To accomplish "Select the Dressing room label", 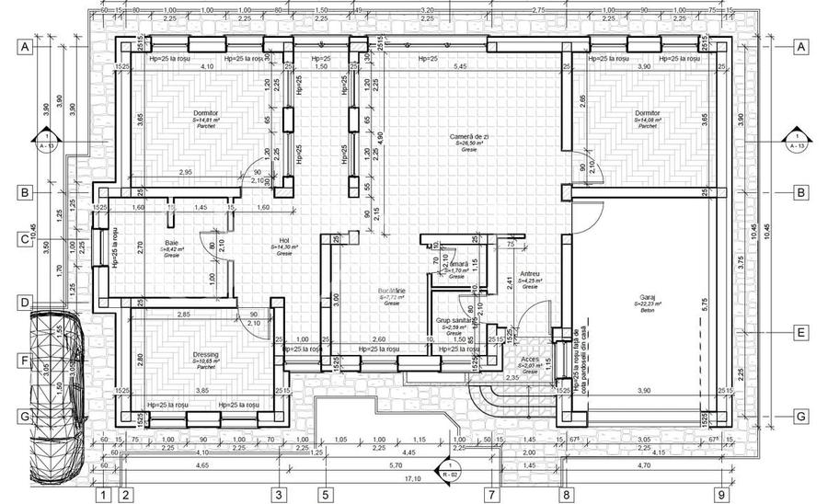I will tap(205, 355).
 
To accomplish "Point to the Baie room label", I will tap(172, 244).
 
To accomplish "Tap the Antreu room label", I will tap(529, 274).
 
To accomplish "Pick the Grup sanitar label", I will tap(454, 321).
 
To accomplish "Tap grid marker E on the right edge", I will tap(800, 333).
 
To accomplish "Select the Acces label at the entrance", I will tap(531, 360).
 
